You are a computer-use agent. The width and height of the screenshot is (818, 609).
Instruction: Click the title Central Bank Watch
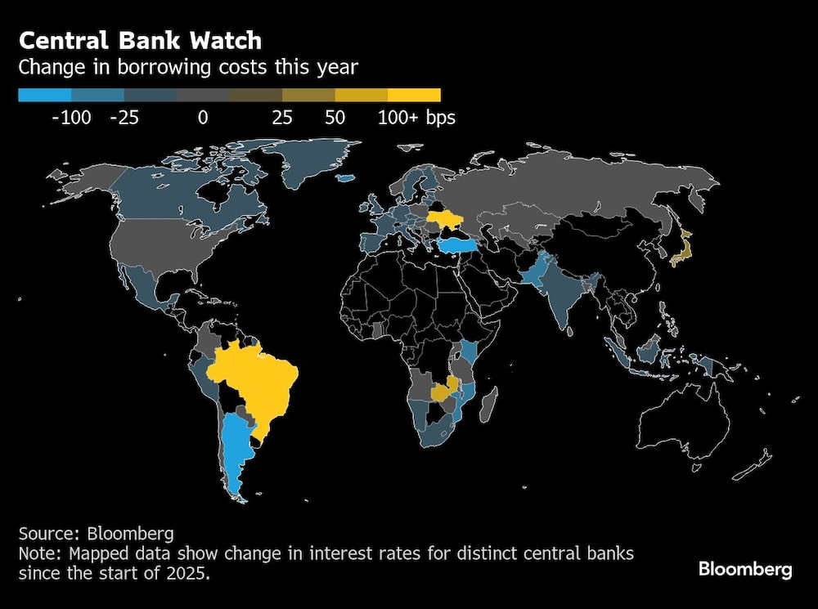140,40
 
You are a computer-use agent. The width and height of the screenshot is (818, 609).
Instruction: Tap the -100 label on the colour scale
71,118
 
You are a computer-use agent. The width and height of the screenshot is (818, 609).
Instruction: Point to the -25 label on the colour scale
124,118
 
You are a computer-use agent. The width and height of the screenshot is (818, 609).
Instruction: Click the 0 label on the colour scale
202,118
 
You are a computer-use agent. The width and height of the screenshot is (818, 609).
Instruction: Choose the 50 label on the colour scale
335,118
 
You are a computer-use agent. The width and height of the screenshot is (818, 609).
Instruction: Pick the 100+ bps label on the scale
416,118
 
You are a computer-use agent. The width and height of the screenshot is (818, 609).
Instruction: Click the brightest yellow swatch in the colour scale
415,95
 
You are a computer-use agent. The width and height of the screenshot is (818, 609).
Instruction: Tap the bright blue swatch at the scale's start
44,95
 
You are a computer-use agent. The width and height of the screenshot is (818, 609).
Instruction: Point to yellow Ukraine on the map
448,218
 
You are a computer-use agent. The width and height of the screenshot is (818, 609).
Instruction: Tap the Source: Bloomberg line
96,534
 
